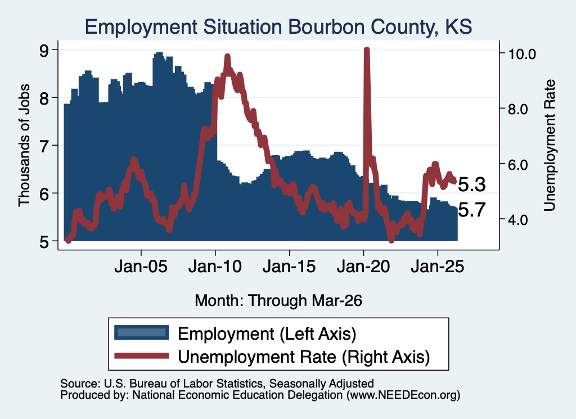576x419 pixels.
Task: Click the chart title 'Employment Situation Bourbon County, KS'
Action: (x=278, y=27)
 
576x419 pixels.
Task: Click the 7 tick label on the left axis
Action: (x=44, y=146)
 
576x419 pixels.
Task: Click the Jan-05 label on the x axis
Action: (x=141, y=266)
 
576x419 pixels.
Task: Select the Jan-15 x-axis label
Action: (x=289, y=266)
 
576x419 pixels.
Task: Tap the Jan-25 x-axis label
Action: (x=438, y=266)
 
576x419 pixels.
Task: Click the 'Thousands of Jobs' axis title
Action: (x=24, y=146)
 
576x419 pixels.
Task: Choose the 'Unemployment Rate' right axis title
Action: (x=550, y=146)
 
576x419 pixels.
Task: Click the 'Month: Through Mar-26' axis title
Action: (x=278, y=300)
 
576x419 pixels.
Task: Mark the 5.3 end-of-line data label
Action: (x=472, y=184)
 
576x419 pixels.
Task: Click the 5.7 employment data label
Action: (x=472, y=210)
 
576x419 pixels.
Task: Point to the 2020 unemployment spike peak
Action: (x=366, y=49)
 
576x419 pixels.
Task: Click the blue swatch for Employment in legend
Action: (x=141, y=333)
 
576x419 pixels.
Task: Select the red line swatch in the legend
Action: (x=141, y=356)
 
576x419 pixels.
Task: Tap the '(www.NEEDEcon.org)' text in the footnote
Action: (x=403, y=395)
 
